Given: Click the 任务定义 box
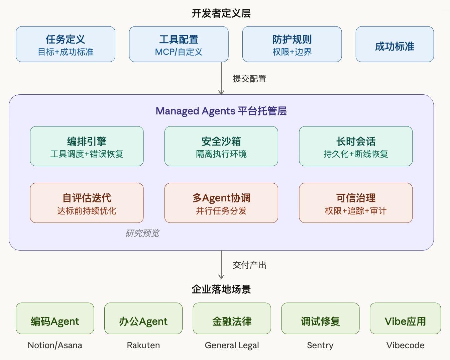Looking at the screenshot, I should [x=66, y=44].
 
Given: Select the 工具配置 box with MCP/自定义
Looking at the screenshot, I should [x=179, y=44].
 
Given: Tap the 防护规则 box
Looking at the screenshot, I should [x=292, y=44].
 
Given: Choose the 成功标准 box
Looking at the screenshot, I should [x=395, y=44].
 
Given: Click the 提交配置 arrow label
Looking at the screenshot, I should [x=249, y=79].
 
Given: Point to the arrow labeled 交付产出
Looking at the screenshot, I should [x=221, y=265].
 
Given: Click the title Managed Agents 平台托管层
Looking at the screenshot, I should [x=221, y=111].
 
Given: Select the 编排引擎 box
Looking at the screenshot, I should [x=87, y=146].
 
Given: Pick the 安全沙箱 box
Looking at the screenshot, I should [x=221, y=146].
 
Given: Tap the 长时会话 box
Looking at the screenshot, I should [x=356, y=146].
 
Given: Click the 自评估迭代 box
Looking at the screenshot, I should [x=87, y=203].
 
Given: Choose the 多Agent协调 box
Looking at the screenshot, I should [x=221, y=203].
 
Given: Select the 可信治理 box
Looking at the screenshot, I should [x=356, y=203].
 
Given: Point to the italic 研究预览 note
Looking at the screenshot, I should [x=142, y=233].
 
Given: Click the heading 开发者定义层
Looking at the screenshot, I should [x=221, y=13].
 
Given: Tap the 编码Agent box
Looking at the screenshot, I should [x=55, y=319].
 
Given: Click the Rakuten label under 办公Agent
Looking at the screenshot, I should [x=143, y=345].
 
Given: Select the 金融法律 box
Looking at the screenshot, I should [x=232, y=319].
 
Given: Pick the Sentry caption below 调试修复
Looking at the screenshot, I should [x=320, y=345].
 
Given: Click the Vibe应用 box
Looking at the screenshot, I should [x=405, y=319].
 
